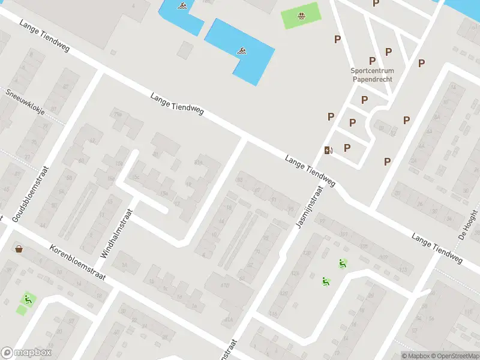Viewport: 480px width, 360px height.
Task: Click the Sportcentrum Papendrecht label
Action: point(372,74)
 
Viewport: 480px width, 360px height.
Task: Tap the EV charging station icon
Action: point(328,150)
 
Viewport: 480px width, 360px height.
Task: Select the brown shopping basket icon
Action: point(19,248)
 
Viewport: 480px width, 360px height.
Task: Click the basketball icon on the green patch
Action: point(301,14)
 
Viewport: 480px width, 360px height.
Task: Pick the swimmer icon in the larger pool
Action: point(241,50)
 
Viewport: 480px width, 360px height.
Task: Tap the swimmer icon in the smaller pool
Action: point(181,7)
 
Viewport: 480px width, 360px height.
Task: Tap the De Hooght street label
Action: point(467,224)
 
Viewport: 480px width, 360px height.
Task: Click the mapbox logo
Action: point(26,353)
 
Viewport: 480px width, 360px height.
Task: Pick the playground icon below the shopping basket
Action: point(27,298)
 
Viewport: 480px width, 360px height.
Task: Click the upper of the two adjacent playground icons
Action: point(342,263)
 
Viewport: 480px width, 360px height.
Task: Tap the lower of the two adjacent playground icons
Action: point(326,280)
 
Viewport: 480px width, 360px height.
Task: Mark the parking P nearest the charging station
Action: point(347,147)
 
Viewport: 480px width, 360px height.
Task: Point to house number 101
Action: point(344,233)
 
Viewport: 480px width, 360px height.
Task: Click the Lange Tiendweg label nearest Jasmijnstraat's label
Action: point(310,169)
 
